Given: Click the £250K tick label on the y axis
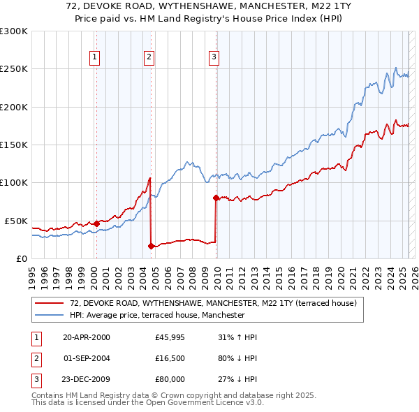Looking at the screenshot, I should click(x=14, y=69).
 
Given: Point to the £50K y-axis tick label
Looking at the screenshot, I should click(x=16, y=221).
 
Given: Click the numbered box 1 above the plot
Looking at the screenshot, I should click(x=94, y=58).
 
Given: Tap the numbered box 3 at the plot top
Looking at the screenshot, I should click(x=214, y=58).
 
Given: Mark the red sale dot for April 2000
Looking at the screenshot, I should click(x=96, y=223).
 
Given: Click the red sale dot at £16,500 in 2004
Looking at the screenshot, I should click(x=151, y=246).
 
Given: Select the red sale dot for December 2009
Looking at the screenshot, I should click(x=216, y=198).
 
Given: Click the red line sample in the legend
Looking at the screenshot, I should click(x=50, y=303).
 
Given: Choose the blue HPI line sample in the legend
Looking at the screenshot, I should click(x=50, y=315).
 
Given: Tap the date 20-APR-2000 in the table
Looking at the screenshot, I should click(x=87, y=338).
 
